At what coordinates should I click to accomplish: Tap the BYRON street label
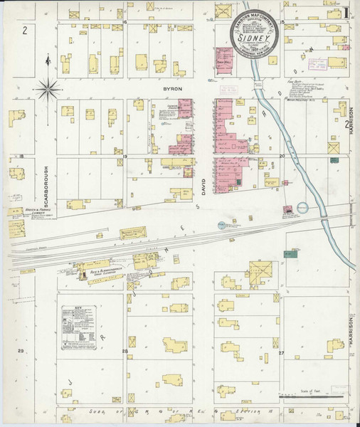pos(173,88)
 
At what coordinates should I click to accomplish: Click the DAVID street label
pos(203,184)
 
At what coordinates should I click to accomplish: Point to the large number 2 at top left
pos(24,30)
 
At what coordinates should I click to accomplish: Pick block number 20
pos(282,155)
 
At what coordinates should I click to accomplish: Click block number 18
pos(21,156)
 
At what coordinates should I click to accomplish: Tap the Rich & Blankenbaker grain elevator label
pos(107,272)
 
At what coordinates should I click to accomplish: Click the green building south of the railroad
pos(290,253)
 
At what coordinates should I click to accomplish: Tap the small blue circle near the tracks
pos(221,225)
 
